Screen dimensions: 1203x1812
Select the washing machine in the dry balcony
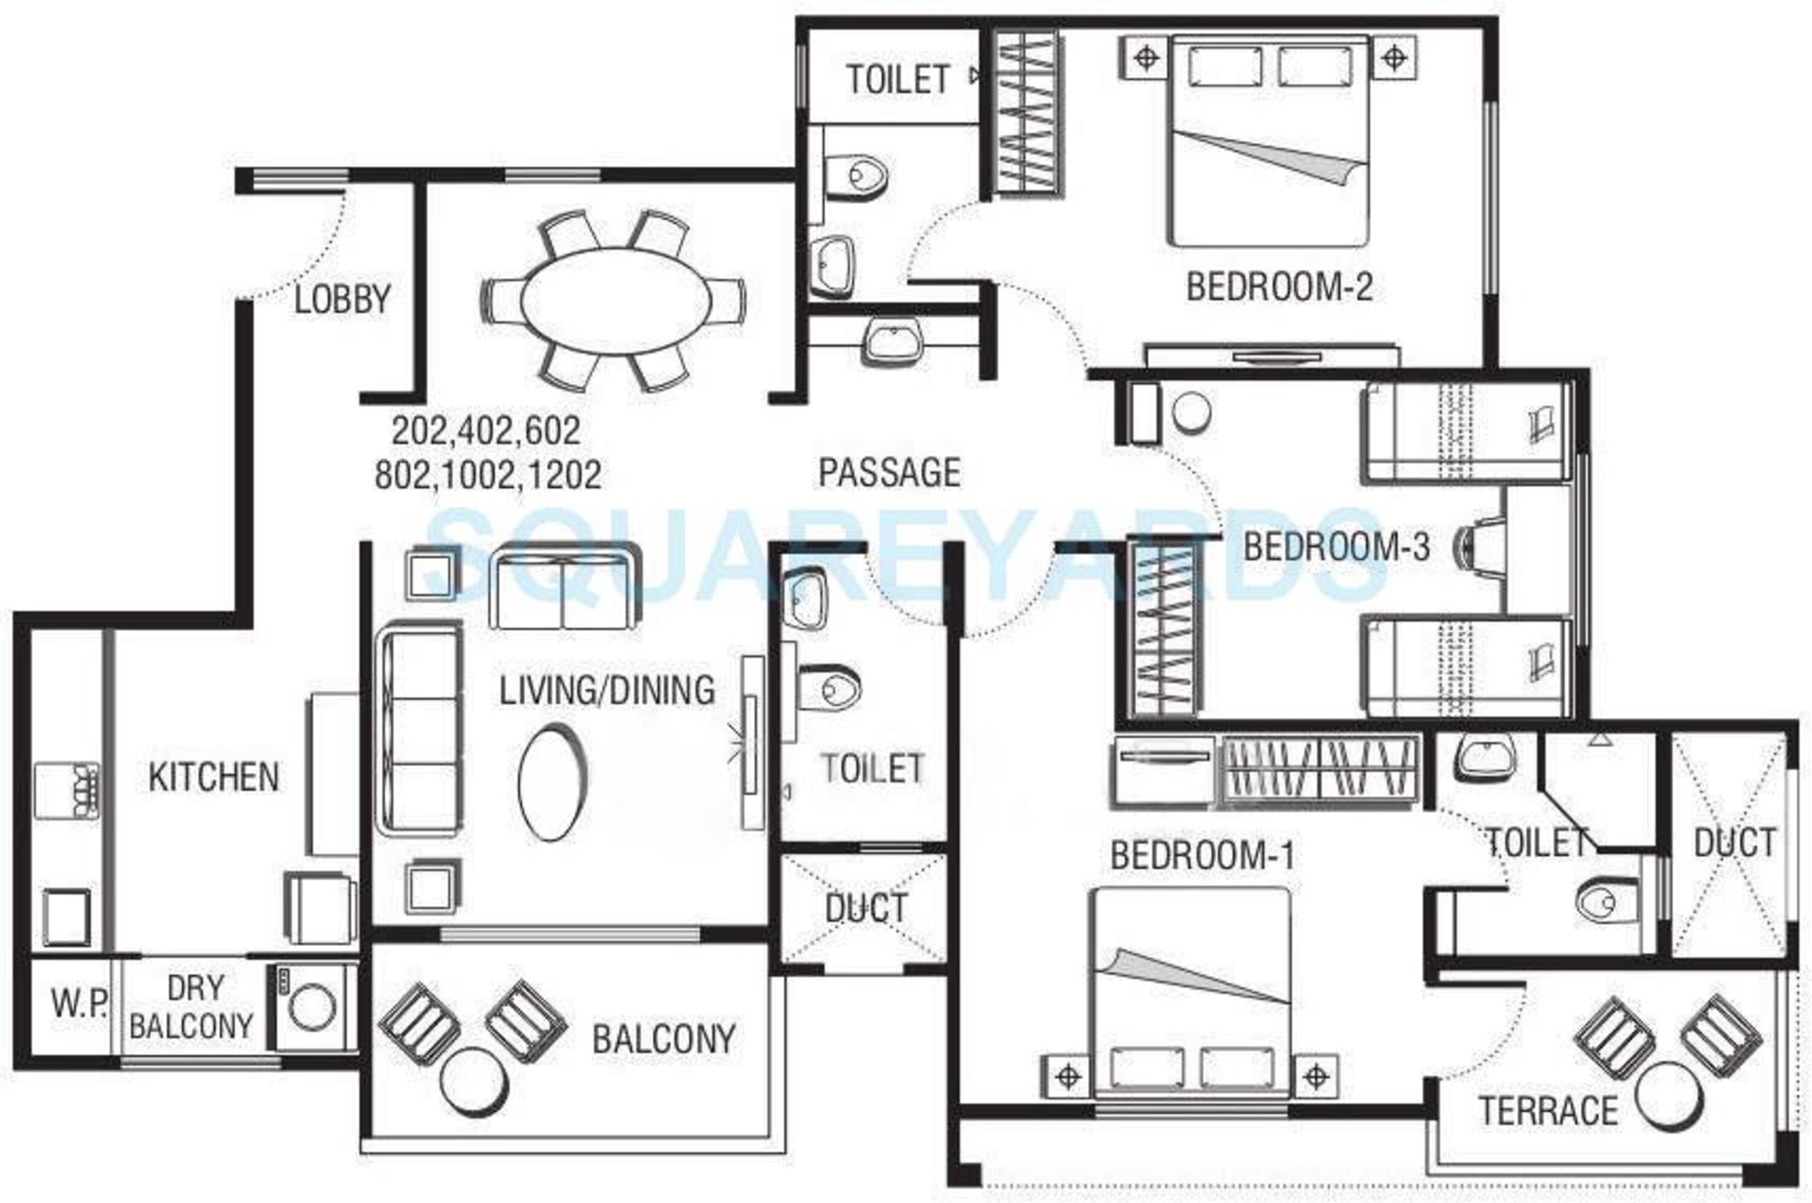[312, 1007]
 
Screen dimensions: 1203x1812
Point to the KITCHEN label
[214, 777]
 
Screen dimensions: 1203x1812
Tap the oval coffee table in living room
[552, 783]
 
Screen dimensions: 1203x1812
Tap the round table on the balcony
[474, 1082]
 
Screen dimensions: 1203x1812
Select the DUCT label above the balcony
[866, 908]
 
